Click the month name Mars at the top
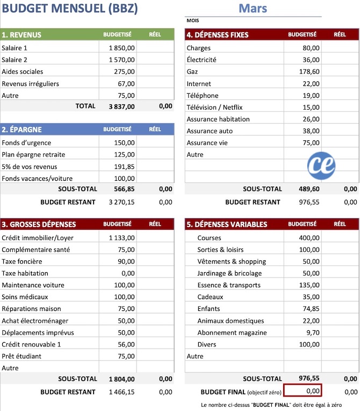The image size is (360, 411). tap(253, 8)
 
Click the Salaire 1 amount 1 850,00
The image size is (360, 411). tap(121, 47)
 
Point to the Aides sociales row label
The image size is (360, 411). tap(23, 72)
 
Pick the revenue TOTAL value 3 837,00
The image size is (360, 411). tap(121, 107)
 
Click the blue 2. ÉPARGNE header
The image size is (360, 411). tap(21, 130)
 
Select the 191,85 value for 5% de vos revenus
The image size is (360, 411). tap(124, 167)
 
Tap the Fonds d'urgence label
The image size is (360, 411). tap(26, 143)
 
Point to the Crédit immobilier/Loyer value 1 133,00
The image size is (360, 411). tap(121, 238)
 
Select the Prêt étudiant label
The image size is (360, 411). tap(21, 356)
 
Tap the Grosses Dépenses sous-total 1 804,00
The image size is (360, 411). tap(121, 379)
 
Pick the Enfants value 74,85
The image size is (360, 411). tap(311, 309)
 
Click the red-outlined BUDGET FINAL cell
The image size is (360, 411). tap(303, 391)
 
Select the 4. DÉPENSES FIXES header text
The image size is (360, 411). tap(218, 35)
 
